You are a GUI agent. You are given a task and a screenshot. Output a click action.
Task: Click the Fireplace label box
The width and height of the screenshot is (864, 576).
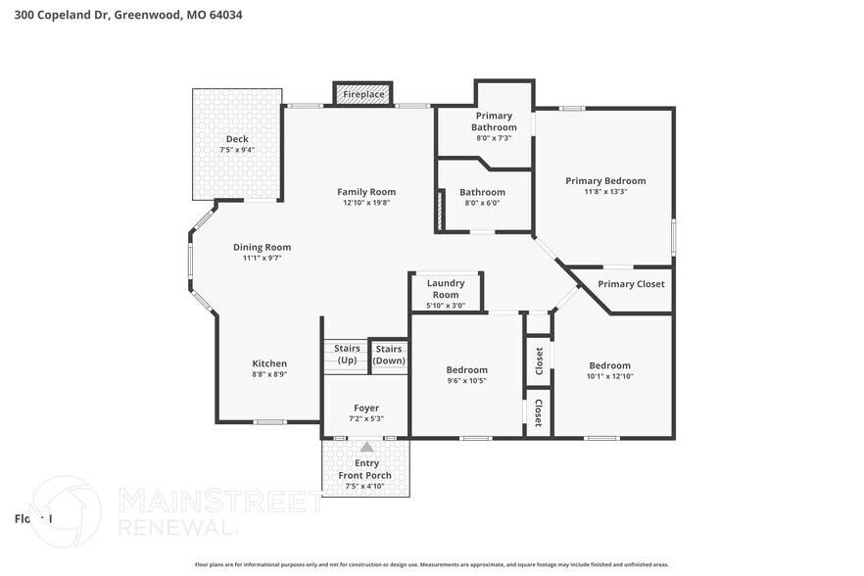[x=363, y=94]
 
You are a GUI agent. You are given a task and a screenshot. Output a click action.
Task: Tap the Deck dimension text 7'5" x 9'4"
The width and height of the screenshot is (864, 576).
[x=237, y=150]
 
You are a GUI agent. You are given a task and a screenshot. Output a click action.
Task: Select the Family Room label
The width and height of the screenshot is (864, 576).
[x=366, y=192]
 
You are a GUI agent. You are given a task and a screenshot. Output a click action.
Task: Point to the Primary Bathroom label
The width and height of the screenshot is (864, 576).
[x=494, y=121]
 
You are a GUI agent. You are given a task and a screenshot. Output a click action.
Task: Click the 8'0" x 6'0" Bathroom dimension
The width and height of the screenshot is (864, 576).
[x=482, y=203]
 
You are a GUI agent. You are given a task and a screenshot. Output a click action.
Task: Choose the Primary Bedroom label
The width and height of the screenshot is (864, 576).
[x=605, y=180]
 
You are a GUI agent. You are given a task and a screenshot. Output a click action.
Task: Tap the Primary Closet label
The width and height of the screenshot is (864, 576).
[x=631, y=284]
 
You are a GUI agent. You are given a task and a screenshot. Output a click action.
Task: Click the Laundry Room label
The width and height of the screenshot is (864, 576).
[x=446, y=289]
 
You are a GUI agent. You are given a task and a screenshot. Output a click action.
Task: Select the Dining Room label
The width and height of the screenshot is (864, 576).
[x=262, y=247]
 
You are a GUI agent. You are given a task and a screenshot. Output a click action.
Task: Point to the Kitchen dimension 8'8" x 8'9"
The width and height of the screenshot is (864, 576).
[x=269, y=374]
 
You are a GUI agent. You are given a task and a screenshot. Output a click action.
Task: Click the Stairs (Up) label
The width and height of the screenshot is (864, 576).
[x=347, y=354]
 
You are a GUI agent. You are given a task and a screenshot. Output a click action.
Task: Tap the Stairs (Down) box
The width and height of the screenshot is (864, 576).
[x=389, y=355]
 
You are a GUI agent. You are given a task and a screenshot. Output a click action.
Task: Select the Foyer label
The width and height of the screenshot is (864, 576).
[x=366, y=408]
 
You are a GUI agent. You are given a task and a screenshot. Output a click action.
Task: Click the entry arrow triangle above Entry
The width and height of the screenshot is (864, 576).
[x=366, y=447]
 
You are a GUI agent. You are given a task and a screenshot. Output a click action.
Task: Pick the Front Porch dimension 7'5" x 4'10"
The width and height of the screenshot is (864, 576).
[x=366, y=487]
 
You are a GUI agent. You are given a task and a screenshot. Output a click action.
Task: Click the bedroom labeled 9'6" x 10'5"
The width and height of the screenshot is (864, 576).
[x=465, y=375]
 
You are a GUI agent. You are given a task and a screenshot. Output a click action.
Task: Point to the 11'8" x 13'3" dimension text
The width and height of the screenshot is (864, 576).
[x=605, y=192]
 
